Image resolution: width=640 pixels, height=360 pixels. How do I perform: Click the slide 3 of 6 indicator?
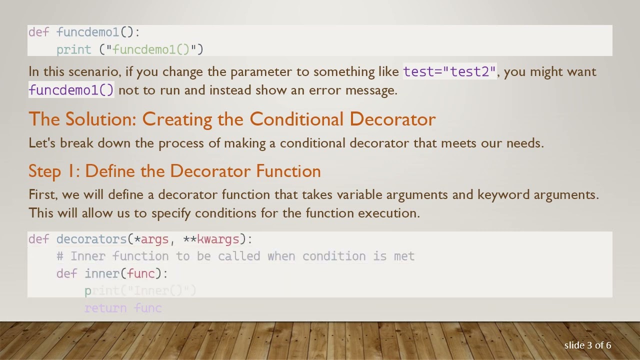click(587, 345)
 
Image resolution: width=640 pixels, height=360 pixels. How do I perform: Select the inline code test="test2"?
click(449, 71)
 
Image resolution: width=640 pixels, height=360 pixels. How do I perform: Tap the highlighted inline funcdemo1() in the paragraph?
click(71, 90)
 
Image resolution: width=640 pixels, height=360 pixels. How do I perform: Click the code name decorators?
click(91, 239)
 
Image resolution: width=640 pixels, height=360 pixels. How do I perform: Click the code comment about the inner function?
click(235, 256)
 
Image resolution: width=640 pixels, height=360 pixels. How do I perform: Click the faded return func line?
click(123, 308)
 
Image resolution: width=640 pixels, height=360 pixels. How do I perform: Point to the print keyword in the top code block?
click(73, 49)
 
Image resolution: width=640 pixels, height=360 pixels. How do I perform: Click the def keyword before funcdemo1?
click(38, 32)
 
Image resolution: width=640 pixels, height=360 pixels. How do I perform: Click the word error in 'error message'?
click(325, 90)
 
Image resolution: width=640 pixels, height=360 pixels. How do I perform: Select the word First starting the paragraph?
click(42, 194)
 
